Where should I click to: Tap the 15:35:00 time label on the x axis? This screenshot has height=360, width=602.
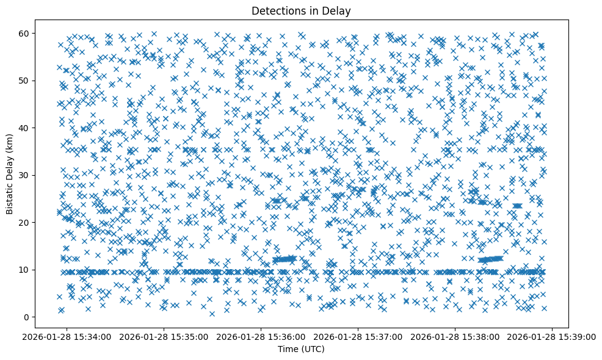165,336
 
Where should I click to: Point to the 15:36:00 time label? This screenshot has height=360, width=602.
262,336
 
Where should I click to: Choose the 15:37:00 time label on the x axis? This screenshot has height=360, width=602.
359,336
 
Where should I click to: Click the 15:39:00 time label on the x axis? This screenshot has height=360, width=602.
553,336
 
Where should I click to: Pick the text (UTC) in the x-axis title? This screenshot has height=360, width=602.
314,349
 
